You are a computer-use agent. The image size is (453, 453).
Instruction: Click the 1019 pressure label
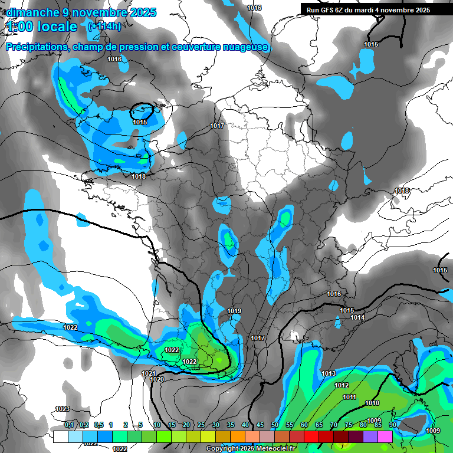[234, 311]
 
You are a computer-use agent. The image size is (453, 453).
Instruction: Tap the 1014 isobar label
[357, 318]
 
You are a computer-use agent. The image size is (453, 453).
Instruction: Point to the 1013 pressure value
[329, 373]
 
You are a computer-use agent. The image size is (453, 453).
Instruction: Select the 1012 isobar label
[342, 385]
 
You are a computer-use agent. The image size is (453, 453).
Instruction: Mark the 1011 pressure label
[349, 397]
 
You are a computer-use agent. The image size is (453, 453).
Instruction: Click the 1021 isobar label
[149, 373]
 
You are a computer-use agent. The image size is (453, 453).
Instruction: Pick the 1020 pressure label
[157, 380]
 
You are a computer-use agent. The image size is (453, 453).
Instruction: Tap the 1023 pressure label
[62, 409]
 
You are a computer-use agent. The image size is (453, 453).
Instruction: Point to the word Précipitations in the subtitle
[35, 47]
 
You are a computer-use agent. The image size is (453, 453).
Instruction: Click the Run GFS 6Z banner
[368, 10]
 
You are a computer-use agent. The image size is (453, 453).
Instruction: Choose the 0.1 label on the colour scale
[69, 425]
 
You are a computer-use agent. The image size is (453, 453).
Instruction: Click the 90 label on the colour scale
[392, 425]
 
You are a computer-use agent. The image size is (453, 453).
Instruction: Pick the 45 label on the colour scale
[260, 425]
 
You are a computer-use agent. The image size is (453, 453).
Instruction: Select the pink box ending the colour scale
[385, 436]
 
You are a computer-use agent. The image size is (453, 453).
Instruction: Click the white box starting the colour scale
[61, 436]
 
